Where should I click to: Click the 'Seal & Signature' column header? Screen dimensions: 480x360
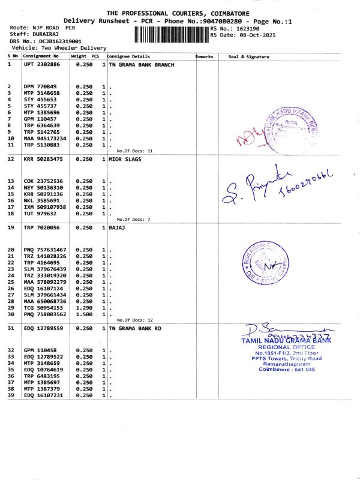click(x=249, y=56)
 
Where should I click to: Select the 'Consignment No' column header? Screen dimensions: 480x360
click(x=41, y=56)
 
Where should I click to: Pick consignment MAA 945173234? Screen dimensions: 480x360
click(x=45, y=139)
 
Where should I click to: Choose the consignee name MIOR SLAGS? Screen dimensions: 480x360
click(x=124, y=159)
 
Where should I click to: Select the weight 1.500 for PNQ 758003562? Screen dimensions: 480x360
click(x=83, y=314)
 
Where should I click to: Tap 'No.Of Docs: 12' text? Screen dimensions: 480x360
click(x=134, y=320)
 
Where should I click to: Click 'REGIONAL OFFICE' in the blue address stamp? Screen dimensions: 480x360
click(x=286, y=347)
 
